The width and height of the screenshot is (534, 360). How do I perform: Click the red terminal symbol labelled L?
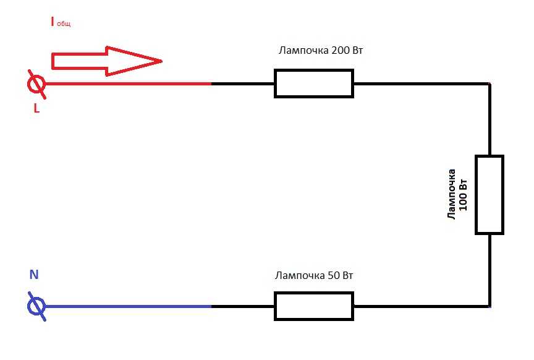pyautogui.click(x=36, y=84)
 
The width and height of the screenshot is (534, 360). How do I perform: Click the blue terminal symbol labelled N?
pyautogui.click(x=36, y=306)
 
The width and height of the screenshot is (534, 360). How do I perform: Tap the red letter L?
pyautogui.click(x=36, y=108)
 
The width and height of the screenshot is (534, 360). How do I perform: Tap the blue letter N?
pyautogui.click(x=34, y=275)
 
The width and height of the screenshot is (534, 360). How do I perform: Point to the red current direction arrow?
pyautogui.click(x=106, y=61)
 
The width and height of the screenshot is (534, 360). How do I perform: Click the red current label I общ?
pyautogui.click(x=61, y=22)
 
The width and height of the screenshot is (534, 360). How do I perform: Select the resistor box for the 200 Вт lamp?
pyautogui.click(x=314, y=84)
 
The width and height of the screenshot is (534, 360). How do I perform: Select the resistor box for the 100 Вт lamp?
pyautogui.click(x=489, y=195)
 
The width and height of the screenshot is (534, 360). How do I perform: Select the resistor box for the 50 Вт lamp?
pyautogui.click(x=314, y=306)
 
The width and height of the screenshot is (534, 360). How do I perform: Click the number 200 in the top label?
pyautogui.click(x=340, y=51)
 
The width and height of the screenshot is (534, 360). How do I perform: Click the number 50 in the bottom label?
pyautogui.click(x=333, y=275)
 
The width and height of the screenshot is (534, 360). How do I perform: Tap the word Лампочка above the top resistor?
pyautogui.click(x=304, y=51)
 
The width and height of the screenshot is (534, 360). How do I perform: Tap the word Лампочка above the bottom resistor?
pyautogui.click(x=300, y=275)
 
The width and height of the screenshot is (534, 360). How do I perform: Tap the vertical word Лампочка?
pyautogui.click(x=451, y=194)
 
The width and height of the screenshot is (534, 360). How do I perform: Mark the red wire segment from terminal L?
pyautogui.click(x=129, y=84)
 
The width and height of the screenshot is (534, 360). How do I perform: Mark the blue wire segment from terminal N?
pyautogui.click(x=129, y=306)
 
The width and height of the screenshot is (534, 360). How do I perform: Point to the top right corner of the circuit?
pyautogui.click(x=489, y=84)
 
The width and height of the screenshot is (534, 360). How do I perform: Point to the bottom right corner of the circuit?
pyautogui.click(x=489, y=306)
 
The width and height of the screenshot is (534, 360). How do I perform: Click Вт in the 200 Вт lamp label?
pyautogui.click(x=358, y=51)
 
